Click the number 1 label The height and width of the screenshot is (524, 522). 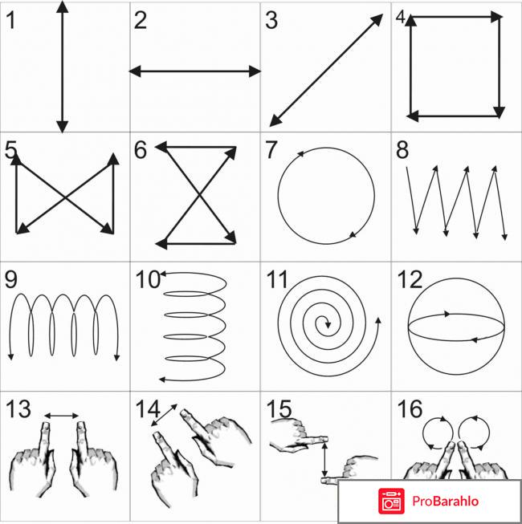(x=10, y=20)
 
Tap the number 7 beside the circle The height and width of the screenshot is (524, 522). (x=271, y=150)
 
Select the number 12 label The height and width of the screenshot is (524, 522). (x=410, y=279)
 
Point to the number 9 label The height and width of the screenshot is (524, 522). (x=11, y=279)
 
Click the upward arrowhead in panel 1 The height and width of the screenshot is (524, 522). (x=62, y=6)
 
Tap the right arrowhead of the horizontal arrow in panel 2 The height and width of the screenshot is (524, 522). (x=255, y=71)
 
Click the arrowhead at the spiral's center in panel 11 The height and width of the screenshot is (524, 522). (x=328, y=324)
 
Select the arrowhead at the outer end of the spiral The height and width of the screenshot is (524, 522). (x=378, y=320)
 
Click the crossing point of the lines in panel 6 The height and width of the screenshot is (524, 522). (x=200, y=195)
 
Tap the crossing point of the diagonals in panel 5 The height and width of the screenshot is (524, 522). (x=65, y=198)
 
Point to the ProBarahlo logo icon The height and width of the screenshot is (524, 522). (x=391, y=501)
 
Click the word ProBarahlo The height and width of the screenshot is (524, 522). (x=445, y=501)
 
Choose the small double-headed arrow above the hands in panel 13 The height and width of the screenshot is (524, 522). (x=62, y=416)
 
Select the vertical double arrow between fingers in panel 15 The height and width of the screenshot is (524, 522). (x=324, y=459)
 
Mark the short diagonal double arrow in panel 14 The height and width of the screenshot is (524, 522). (x=164, y=415)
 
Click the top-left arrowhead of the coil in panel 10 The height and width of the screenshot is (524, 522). (x=164, y=274)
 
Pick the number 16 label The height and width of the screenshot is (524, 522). (x=410, y=409)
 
